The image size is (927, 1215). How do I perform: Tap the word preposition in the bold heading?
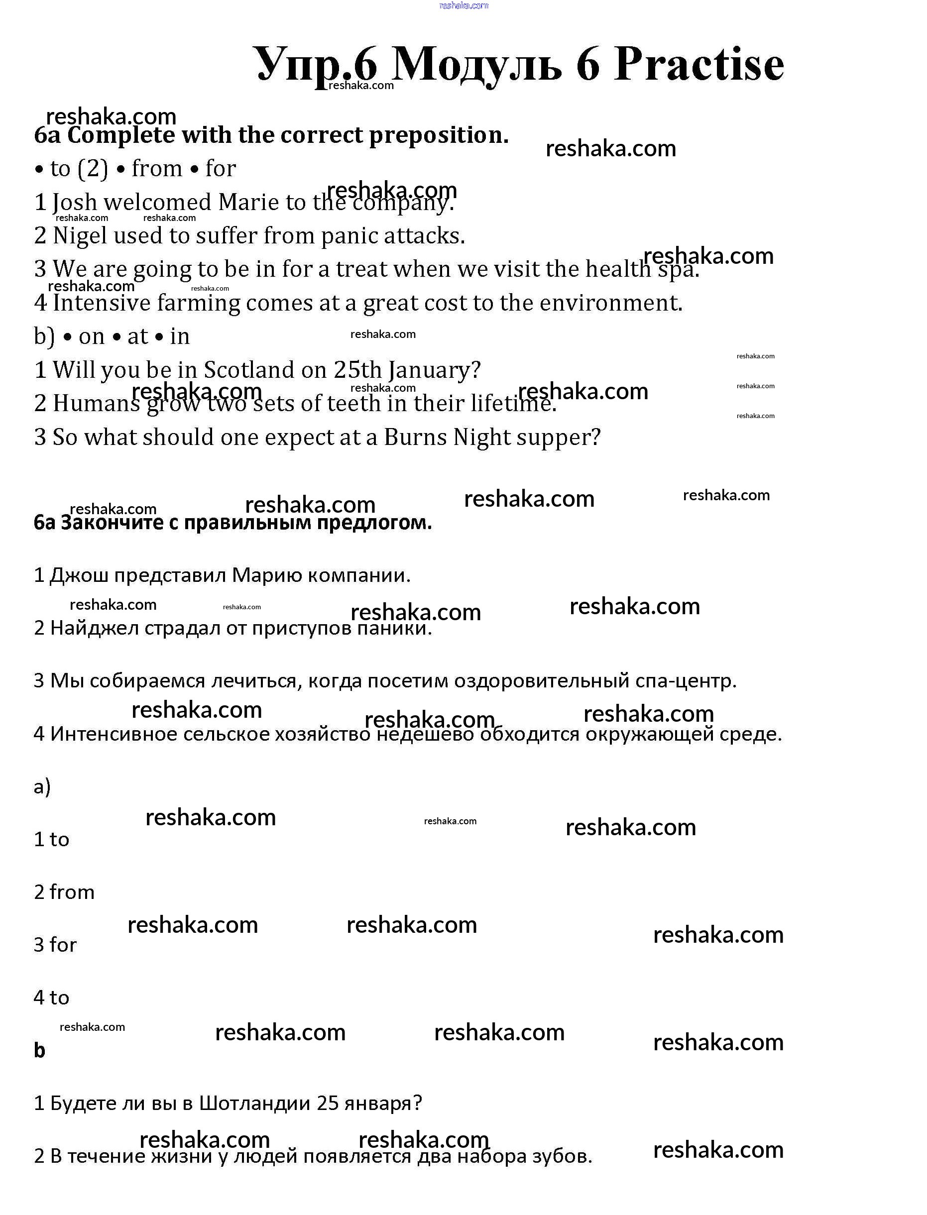439,135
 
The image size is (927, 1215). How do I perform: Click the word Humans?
96,404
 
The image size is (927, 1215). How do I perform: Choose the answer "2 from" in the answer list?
64,892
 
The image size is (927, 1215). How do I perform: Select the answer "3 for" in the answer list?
55,945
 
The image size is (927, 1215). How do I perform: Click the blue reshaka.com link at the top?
463,5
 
